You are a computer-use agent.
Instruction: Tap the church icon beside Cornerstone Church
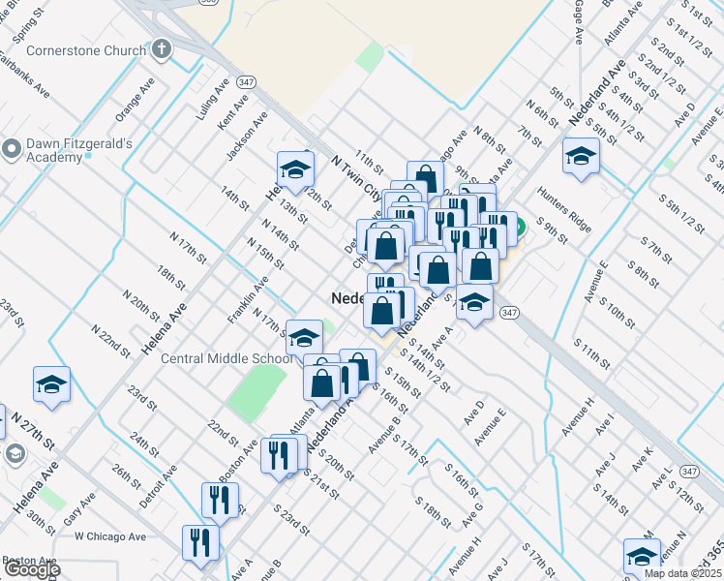click(x=163, y=48)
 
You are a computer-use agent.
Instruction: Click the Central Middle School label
click(x=226, y=358)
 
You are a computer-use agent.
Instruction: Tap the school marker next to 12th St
click(x=295, y=169)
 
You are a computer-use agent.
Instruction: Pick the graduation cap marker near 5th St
click(x=581, y=156)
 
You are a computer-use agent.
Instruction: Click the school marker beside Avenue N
click(x=642, y=556)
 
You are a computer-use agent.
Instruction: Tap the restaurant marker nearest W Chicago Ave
click(x=200, y=541)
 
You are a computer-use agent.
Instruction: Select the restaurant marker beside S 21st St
click(x=279, y=453)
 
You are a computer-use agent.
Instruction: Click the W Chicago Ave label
click(x=109, y=536)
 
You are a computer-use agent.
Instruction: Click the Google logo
click(x=31, y=569)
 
